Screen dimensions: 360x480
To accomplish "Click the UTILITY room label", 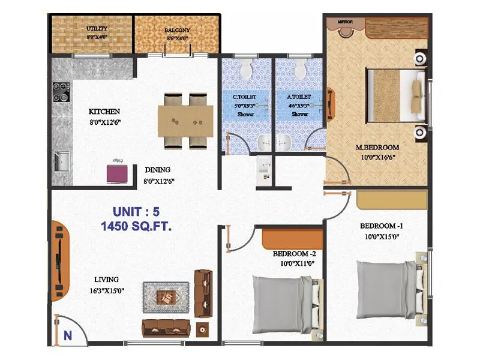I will point(97,29).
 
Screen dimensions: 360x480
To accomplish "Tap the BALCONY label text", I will point(177,30).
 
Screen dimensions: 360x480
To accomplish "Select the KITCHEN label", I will point(104,112).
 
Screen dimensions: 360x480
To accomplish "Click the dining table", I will point(185,120).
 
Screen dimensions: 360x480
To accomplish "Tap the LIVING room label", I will point(106,279).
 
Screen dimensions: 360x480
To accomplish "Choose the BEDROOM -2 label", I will point(298,253).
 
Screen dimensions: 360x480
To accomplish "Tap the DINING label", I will point(157,170).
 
